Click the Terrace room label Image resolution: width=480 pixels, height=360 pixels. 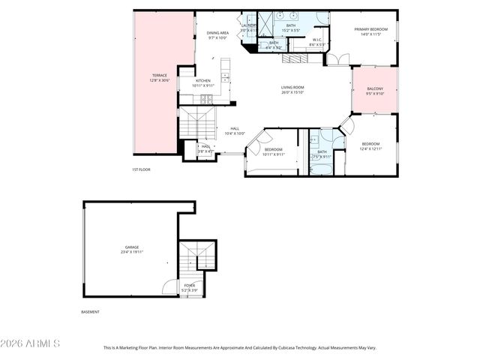coord(160,77)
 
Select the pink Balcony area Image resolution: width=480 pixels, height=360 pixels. coord(375,91)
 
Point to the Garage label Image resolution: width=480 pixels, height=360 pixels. coord(132,249)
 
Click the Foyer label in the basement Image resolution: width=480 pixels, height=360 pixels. coord(190,287)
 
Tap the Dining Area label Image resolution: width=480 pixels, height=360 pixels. coord(217,35)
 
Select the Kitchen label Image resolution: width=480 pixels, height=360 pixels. coord(203,82)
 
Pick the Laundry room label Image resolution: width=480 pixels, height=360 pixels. coord(248,27)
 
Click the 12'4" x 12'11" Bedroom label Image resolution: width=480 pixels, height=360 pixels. coord(371,146)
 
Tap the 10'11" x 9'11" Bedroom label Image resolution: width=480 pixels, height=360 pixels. coord(274,151)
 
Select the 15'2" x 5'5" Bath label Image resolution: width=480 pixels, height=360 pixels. coord(290,28)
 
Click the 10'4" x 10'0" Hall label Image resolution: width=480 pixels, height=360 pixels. coord(235,130)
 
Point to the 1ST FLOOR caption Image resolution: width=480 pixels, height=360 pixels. coord(141,170)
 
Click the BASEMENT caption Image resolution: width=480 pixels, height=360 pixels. coord(90,312)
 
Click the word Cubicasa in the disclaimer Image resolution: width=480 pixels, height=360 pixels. coord(298,348)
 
